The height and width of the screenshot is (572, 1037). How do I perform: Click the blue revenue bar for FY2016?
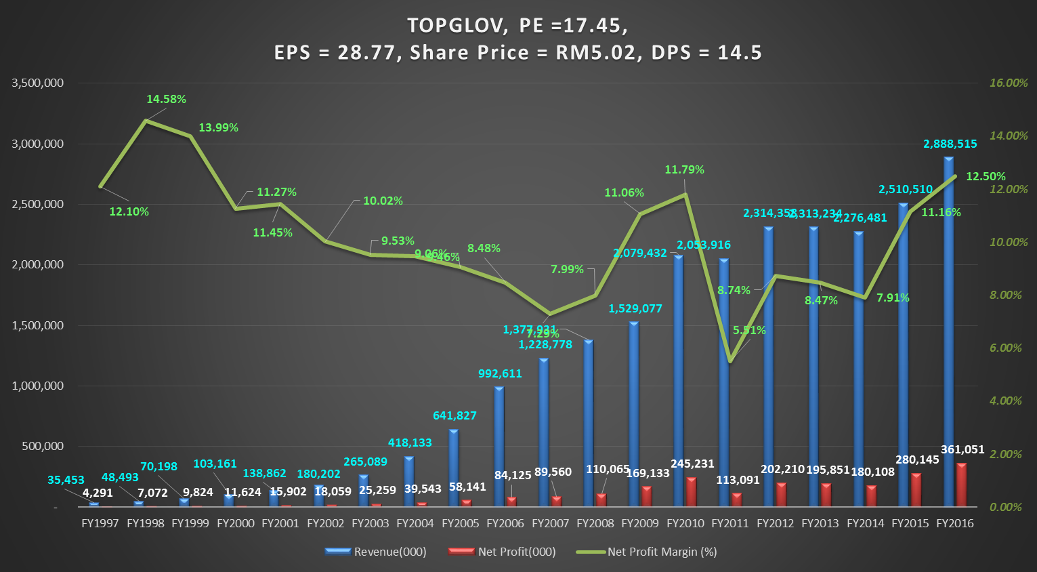948,332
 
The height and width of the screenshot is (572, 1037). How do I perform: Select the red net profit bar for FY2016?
961,485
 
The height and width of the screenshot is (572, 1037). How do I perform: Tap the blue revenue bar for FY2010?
679,380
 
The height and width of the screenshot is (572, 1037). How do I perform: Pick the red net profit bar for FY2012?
782,495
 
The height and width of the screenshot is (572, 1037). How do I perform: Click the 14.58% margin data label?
166,99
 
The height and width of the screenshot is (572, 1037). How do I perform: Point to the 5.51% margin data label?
749,330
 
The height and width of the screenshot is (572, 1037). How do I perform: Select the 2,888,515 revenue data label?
950,144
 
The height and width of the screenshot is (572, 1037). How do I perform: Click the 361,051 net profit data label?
962,449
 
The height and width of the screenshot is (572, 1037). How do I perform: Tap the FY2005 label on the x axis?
460,523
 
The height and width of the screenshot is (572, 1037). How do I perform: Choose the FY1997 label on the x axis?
100,523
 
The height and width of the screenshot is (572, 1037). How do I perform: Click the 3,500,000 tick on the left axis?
38,83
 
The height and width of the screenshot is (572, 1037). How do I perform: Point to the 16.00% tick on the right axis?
1008,83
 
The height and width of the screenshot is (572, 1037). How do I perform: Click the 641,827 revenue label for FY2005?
454,415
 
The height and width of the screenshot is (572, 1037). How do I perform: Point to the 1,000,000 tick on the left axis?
38,386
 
